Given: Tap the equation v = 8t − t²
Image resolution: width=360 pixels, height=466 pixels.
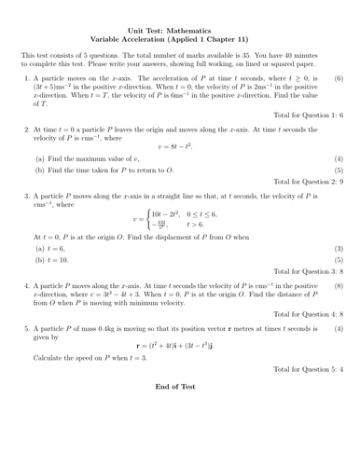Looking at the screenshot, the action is pyautogui.click(x=181, y=146).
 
